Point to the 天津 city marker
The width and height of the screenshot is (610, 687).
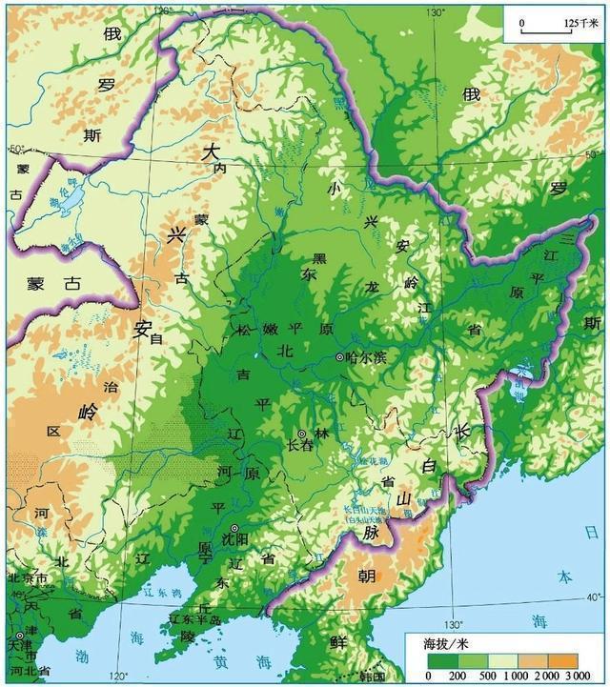20,636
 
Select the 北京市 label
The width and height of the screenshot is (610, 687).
28,578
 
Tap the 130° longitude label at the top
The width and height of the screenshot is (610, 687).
436,11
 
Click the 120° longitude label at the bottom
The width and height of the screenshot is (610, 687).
119,676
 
